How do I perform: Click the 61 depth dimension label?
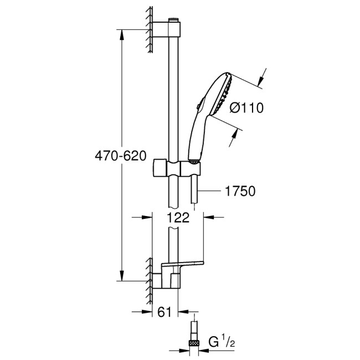[164, 312]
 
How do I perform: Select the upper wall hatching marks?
[150, 30]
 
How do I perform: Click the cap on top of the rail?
[174, 21]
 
